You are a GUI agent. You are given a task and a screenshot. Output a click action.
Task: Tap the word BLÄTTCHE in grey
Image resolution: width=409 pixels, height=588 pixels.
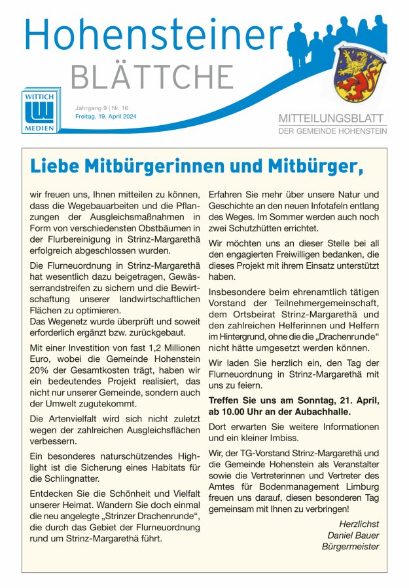pyautogui.click(x=152, y=77)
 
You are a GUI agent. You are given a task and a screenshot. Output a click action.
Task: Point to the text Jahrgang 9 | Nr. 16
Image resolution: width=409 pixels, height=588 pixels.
pyautogui.click(x=101, y=108)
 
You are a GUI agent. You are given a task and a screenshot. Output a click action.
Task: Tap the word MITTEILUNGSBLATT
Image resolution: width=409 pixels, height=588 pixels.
pyautogui.click(x=332, y=119)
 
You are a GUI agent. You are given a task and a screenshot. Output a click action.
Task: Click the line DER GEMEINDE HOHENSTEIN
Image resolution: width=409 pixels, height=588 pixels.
pyautogui.click(x=332, y=131)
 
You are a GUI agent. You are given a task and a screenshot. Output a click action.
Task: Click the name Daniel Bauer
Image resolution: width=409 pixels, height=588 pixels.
pyautogui.click(x=353, y=535)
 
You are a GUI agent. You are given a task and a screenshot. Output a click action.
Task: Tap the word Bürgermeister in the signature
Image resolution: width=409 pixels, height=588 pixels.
pyautogui.click(x=350, y=547)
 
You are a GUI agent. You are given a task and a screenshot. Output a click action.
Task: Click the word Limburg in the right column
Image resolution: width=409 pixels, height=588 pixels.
pyautogui.click(x=357, y=483)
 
